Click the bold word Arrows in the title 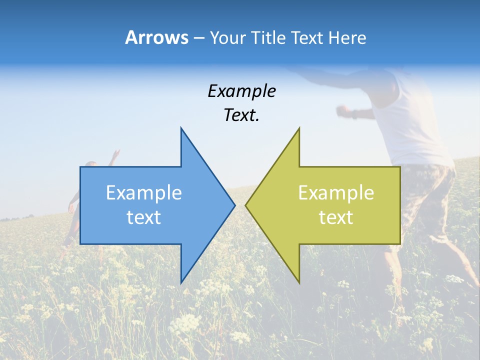coord(156,37)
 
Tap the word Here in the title coord(347,37)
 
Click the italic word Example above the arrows coord(241,91)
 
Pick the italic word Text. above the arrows coord(241,115)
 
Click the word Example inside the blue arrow coord(143,193)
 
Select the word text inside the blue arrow coord(143,217)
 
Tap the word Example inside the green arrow coord(336,193)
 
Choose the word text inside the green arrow coord(336,217)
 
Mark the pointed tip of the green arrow coord(246,205)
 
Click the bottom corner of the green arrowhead coord(298,282)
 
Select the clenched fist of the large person coord(342,110)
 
